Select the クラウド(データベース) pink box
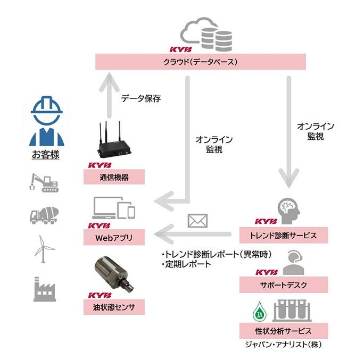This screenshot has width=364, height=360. tap(201, 62)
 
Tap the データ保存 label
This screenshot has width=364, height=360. tap(140, 98)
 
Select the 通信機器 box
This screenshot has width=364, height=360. tap(114, 177)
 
